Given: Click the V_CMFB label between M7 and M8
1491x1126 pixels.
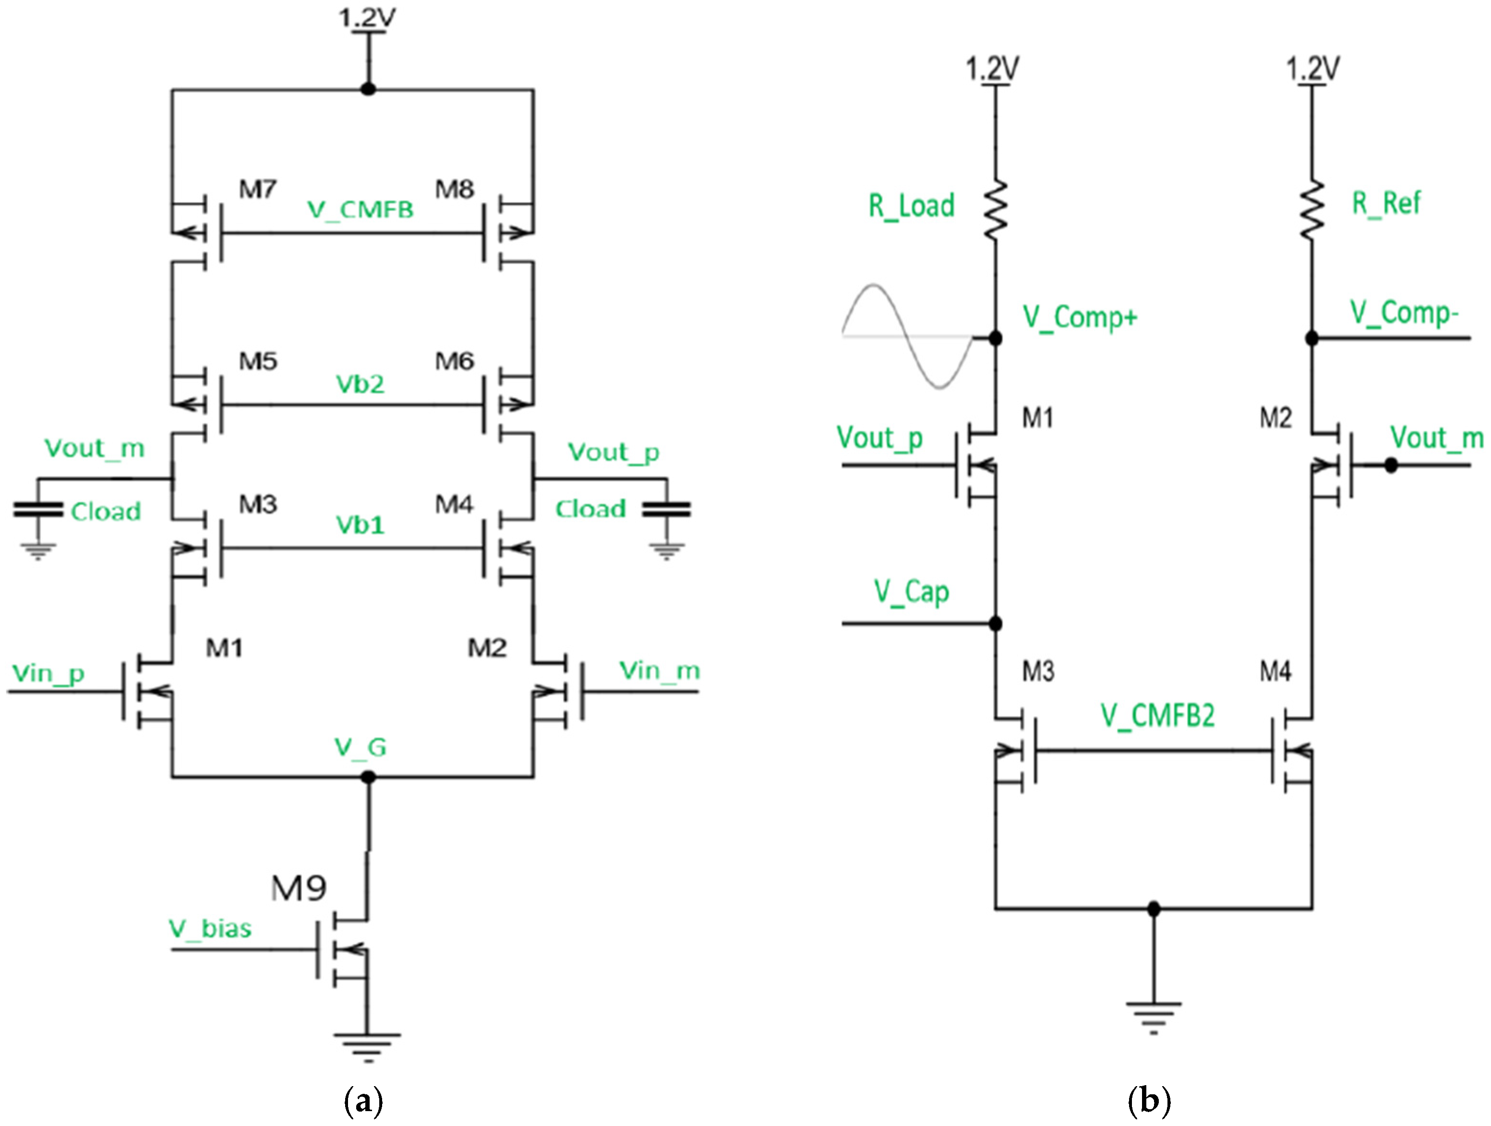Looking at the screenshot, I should (x=360, y=210).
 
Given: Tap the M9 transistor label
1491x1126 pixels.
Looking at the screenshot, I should (x=299, y=889).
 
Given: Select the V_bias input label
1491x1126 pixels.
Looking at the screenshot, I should (x=210, y=929).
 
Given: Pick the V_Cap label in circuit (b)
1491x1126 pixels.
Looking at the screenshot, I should (x=911, y=592).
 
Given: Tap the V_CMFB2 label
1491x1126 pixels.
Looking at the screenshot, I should (x=1157, y=715).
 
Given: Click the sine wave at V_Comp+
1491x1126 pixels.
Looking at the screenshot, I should (x=907, y=336).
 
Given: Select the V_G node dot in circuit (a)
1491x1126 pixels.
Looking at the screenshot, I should (x=368, y=777).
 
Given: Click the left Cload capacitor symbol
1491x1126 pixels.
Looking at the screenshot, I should (x=38, y=510).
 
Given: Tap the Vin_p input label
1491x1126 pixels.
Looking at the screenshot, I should (x=48, y=674).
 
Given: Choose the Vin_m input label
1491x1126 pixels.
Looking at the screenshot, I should (x=659, y=671).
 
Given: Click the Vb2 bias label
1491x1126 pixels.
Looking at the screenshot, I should (x=360, y=384).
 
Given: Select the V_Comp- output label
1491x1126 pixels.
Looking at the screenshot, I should (x=1403, y=313).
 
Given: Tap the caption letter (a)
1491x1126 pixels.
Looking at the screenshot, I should (x=363, y=1101).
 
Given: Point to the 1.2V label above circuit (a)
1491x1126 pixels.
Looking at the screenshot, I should (x=367, y=18).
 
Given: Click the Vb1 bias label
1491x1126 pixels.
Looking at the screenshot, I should (x=360, y=524).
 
